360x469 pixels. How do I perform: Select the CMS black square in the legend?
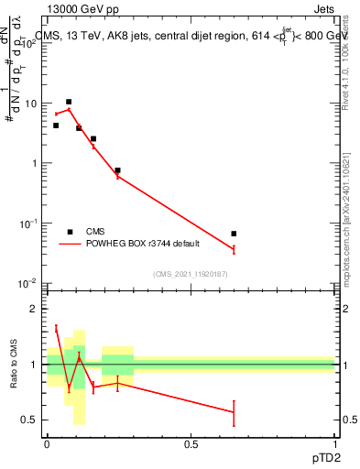tap(70, 232)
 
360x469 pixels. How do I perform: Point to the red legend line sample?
tap(70, 244)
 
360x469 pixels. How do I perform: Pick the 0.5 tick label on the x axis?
tap(191, 442)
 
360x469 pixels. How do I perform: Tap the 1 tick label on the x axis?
tap(335, 442)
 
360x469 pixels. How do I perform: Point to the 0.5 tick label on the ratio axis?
tap(29, 420)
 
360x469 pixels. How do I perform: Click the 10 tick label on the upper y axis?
tap(30, 104)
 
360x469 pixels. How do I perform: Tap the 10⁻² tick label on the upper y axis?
tap(28, 283)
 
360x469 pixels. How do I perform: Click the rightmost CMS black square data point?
tap(234, 234)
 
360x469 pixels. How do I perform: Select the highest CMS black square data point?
tap(69, 102)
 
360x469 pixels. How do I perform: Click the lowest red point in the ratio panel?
tap(234, 412)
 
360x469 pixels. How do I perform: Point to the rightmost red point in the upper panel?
tap(234, 249)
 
